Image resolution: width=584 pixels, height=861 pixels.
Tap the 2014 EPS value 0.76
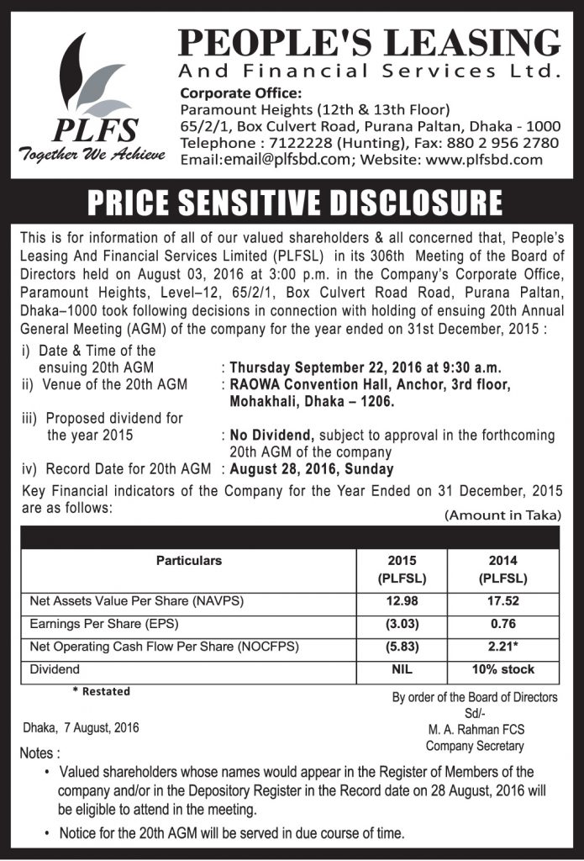[x=502, y=624]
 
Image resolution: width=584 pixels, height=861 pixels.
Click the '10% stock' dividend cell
[x=502, y=669]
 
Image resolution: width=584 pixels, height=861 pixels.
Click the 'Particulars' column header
[x=189, y=560]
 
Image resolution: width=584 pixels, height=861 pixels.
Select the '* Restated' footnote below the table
[x=100, y=691]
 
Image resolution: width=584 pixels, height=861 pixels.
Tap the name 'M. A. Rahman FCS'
[x=475, y=730]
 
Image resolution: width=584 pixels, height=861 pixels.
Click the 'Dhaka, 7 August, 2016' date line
[x=82, y=727]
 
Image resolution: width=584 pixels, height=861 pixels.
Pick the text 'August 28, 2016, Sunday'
[x=311, y=469]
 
